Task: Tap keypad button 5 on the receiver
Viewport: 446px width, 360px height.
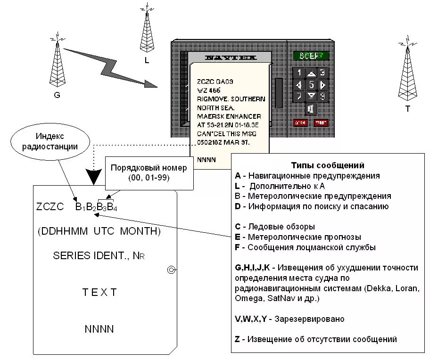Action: pyautogui.click(x=311, y=85)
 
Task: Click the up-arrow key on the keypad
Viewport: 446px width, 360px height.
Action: pyautogui.click(x=311, y=73)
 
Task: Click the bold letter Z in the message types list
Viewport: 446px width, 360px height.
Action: pyautogui.click(x=237, y=339)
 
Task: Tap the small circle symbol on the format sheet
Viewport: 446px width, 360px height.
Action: pyautogui.click(x=172, y=270)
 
